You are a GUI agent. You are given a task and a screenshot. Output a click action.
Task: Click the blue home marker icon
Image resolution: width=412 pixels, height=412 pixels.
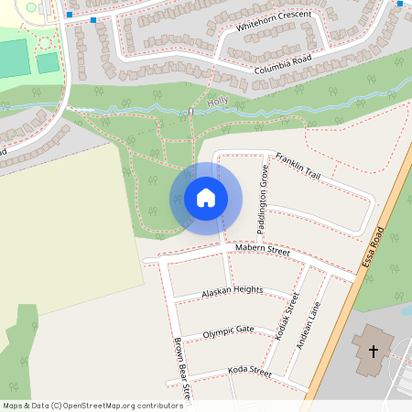coord(206,198)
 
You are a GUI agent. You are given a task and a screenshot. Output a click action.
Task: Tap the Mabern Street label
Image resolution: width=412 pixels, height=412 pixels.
coord(262,250)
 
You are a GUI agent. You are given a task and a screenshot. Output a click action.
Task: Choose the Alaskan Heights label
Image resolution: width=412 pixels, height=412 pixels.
coord(232,292)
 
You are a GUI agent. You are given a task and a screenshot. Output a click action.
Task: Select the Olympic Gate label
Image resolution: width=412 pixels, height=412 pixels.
coord(228,331)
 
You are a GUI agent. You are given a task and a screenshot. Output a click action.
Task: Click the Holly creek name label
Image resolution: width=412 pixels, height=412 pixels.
coord(217,103)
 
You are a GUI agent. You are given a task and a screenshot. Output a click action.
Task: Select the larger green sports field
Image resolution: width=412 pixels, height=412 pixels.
coord(13,58)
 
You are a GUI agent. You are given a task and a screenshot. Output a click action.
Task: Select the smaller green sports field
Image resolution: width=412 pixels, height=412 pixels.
coord(48,62)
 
